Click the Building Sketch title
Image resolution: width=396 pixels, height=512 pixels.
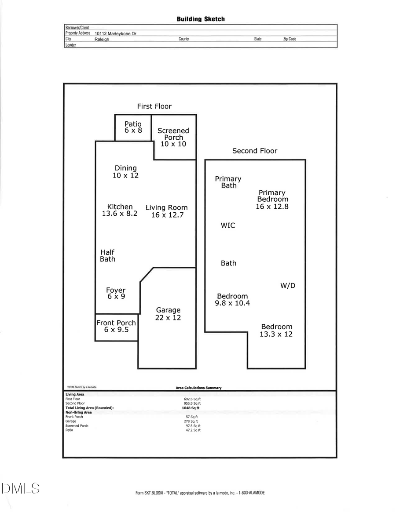tap(201, 19)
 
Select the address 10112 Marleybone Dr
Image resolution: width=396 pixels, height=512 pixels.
tap(115, 33)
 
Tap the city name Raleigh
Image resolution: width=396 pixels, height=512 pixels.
tap(102, 39)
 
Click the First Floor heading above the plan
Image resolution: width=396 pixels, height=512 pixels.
tap(154, 106)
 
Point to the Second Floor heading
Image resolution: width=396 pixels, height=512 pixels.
tap(255, 151)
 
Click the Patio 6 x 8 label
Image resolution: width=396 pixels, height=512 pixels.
tap(133, 127)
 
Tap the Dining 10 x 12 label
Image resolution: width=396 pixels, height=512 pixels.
tap(126, 171)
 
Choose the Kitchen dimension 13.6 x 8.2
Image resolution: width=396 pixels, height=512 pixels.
tap(120, 214)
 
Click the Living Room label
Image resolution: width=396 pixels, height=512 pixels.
tap(167, 207)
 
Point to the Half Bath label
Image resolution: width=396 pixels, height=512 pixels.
tap(107, 256)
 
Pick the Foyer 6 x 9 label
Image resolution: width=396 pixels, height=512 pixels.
tap(116, 293)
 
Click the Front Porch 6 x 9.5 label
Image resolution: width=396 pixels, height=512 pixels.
tap(116, 326)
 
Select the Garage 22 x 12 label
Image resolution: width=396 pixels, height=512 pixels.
tap(168, 314)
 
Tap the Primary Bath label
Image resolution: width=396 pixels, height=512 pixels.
tap(228, 182)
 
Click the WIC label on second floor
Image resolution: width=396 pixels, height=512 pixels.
tap(228, 225)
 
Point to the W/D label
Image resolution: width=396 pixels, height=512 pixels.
tap(288, 286)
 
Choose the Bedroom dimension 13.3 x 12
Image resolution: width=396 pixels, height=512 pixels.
tap(276, 334)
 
